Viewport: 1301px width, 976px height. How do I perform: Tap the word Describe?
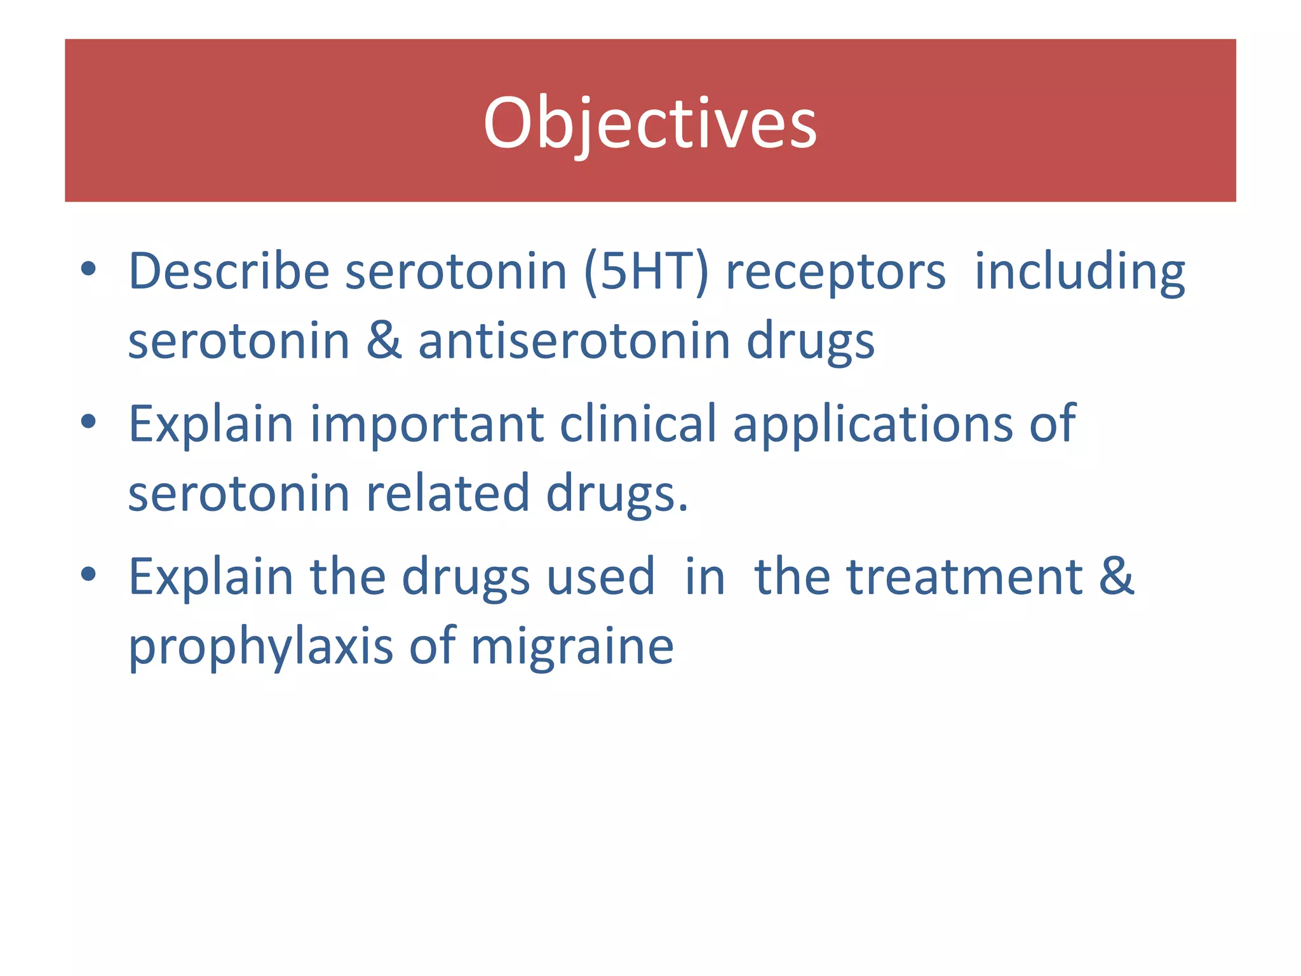229,271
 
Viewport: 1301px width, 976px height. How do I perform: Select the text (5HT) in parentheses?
645,271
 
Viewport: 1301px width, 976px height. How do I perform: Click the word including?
1079,271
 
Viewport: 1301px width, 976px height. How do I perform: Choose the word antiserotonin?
574,341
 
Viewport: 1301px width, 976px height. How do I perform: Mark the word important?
426,424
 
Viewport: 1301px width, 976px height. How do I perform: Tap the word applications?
873,424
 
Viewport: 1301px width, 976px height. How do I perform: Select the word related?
448,493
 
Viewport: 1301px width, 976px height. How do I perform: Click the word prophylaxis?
260,647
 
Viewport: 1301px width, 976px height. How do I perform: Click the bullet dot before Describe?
88,269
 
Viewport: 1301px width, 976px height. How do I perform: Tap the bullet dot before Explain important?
88,422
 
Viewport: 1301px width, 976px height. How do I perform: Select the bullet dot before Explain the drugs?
88,574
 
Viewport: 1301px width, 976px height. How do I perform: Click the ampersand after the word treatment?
1117,576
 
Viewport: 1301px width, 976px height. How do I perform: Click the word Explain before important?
210,424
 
